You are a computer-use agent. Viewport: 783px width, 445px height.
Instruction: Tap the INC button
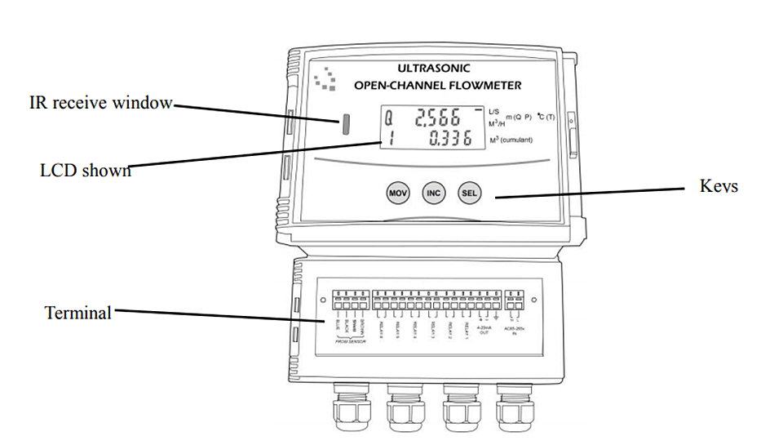(x=434, y=194)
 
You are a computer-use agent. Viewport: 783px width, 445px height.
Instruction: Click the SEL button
(x=470, y=194)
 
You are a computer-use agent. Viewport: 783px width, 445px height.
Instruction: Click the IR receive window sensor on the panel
(x=345, y=124)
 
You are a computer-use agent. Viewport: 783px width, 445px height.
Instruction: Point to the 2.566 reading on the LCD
(x=438, y=118)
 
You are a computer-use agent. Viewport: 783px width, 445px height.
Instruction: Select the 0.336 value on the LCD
(x=450, y=140)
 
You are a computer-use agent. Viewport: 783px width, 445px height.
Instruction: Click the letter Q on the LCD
(x=388, y=119)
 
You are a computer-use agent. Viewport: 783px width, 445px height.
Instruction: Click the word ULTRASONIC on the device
(x=433, y=69)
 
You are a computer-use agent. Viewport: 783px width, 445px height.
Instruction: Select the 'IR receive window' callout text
(x=101, y=103)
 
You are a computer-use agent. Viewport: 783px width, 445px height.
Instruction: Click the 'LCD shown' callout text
(x=86, y=171)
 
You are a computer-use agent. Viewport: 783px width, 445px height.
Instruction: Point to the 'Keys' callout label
(x=719, y=186)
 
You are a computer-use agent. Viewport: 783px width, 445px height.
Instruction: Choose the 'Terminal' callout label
(x=78, y=312)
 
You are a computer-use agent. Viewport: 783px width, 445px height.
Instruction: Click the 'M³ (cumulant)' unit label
(x=511, y=140)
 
